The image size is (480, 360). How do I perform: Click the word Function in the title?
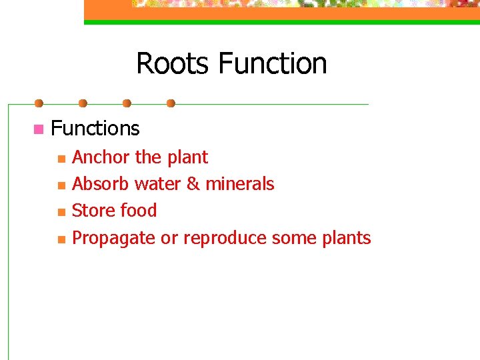(272, 64)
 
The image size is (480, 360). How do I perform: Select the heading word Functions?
(95, 128)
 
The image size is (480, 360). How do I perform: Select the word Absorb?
(101, 184)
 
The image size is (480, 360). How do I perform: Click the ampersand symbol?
(193, 184)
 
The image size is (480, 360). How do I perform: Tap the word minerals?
(239, 184)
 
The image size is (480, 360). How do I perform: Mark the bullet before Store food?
(61, 213)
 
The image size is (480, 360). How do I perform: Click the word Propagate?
(113, 238)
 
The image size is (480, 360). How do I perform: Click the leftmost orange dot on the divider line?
(39, 103)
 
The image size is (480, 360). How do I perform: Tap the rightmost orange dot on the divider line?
(171, 103)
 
